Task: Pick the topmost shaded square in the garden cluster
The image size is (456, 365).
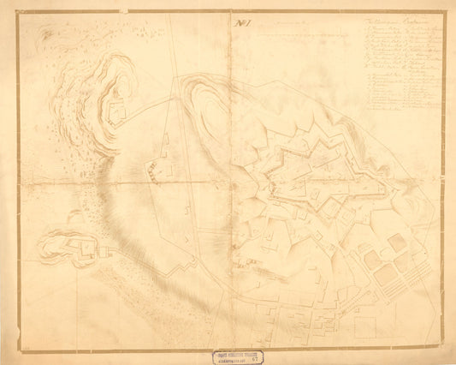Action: pos(397,242)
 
